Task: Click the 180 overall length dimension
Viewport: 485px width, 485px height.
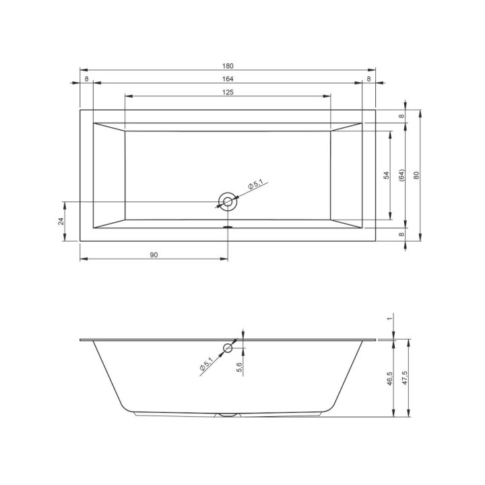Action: coord(228,65)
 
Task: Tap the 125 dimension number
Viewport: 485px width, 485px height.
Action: coord(228,92)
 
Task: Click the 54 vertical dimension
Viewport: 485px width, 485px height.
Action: coord(386,175)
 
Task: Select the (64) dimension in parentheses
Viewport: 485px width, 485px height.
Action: coord(401,175)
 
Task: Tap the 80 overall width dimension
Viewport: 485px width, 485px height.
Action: coord(417,175)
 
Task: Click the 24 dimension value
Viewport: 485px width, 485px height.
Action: coord(61,221)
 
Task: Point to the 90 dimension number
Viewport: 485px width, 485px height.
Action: coord(154,255)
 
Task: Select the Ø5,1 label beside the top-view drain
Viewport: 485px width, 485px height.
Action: coord(259,183)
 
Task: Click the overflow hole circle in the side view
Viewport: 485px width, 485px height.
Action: coord(228,348)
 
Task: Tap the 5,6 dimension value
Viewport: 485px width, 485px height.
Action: coord(240,368)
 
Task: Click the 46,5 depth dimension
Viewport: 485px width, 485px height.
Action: coord(390,377)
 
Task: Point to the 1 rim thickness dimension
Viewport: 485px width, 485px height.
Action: coord(390,319)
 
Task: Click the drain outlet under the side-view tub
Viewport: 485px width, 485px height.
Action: coord(228,415)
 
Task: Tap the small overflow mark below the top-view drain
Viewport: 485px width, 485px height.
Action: coord(228,227)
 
